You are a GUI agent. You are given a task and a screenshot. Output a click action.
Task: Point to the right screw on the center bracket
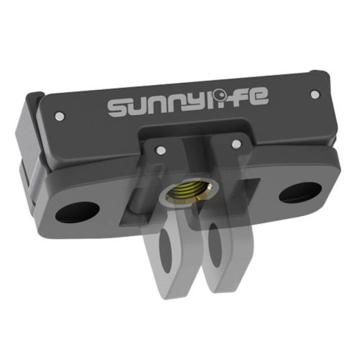(234, 145)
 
